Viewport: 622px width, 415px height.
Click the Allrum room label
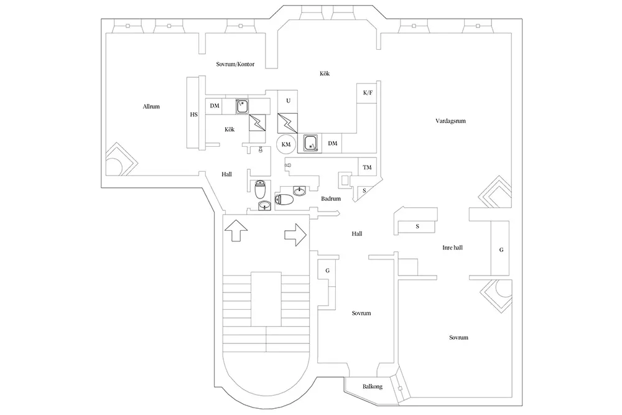(x=151, y=106)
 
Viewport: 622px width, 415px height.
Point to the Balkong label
(x=373, y=386)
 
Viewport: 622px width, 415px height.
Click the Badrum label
(x=330, y=199)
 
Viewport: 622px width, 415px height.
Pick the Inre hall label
(x=452, y=247)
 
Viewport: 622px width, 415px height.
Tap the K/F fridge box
(x=368, y=93)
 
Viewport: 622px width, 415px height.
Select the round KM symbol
(x=286, y=144)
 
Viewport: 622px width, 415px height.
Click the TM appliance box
(x=368, y=168)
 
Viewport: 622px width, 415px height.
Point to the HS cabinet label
(x=193, y=114)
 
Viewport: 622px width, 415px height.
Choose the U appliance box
(x=287, y=101)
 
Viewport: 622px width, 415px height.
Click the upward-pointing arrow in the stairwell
(x=236, y=231)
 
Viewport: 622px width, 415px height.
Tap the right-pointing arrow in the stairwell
(x=295, y=235)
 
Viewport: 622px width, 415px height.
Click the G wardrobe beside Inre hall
(x=501, y=249)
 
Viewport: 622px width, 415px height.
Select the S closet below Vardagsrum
(x=417, y=226)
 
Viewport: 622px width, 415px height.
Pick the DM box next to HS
(x=215, y=106)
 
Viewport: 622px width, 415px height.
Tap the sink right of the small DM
(x=243, y=106)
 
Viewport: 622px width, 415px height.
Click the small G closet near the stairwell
(x=327, y=271)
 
